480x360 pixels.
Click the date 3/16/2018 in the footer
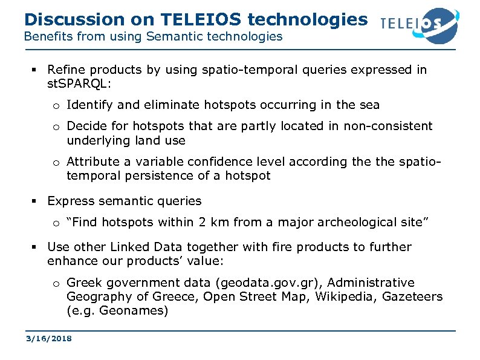[x=48, y=339]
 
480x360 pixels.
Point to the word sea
[x=369, y=105]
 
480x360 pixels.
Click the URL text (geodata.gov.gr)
[x=265, y=283]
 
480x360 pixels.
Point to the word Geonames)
[x=137, y=310]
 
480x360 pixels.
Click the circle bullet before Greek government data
[x=55, y=283]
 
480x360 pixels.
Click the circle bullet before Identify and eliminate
[x=55, y=105]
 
